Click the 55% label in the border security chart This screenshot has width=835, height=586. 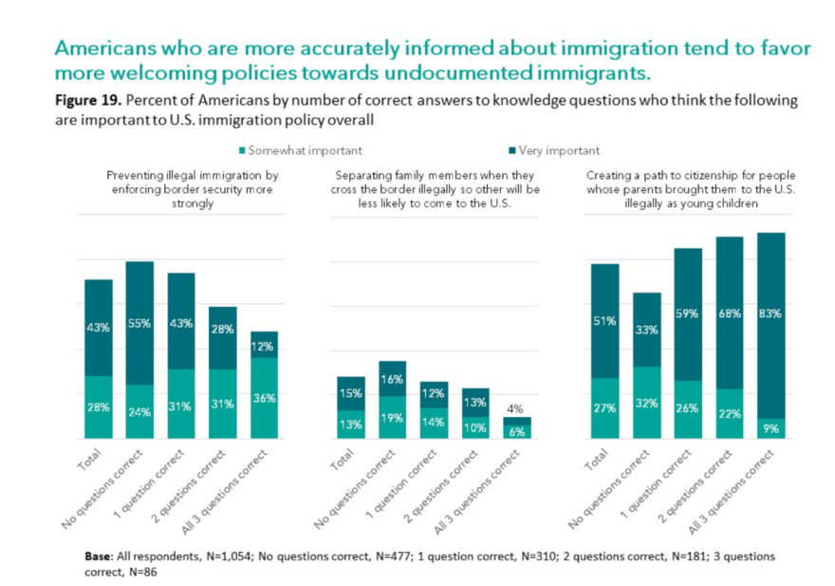pyautogui.click(x=139, y=324)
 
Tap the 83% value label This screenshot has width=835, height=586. pyautogui.click(x=770, y=312)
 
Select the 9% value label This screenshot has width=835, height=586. pyautogui.click(x=770, y=427)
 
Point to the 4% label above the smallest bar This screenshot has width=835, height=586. pyautogui.click(x=517, y=409)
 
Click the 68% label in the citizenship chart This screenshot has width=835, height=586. pyautogui.click(x=729, y=312)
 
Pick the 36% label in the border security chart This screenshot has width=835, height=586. pyautogui.click(x=265, y=398)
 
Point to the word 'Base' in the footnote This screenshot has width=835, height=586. pyautogui.click(x=99, y=555)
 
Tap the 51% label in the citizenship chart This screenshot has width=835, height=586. pyautogui.click(x=604, y=320)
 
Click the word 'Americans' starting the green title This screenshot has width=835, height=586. pyautogui.click(x=104, y=47)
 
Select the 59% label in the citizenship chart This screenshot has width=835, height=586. pyautogui.click(x=687, y=312)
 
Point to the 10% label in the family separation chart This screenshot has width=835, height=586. pyautogui.click(x=474, y=427)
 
